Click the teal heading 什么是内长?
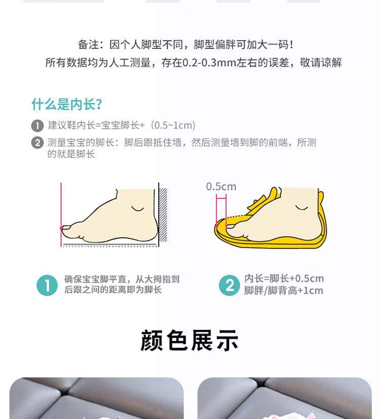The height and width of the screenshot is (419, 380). pos(66,104)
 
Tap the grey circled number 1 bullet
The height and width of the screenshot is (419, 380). pos(37,126)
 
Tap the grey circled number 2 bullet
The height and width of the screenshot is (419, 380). pos(37,143)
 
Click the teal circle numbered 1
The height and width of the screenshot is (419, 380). pos(47,285)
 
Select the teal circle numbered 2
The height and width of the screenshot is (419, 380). pos(230,285)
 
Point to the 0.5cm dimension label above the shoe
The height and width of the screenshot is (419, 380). pos(221,186)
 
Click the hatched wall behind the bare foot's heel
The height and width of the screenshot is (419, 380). pos(163,215)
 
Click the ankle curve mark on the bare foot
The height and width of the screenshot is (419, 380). pos(138,208)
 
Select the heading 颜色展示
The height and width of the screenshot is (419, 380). pos(189,340)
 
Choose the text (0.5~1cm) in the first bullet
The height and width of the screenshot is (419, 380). pos(173,125)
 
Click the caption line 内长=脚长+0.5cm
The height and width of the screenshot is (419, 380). pos(284,279)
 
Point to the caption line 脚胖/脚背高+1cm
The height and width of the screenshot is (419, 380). pos(284,290)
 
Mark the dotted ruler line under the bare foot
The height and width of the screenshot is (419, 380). pos(110,245)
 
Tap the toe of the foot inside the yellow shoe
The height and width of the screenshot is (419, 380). pos(231,227)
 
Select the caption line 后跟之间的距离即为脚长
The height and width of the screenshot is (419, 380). pos(113,290)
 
